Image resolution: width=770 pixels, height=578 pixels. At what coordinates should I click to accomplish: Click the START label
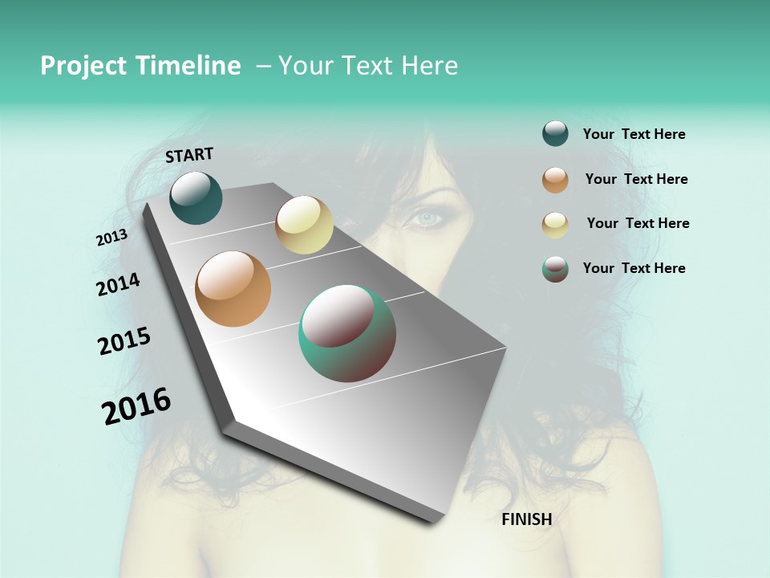coord(189,155)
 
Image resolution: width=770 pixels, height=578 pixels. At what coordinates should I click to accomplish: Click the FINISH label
coord(526,519)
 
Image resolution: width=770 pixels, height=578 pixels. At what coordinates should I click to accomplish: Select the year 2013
coord(112,238)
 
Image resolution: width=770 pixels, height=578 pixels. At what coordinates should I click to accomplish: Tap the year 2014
coord(119,285)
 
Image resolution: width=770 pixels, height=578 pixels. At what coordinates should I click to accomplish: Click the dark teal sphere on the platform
coord(196,197)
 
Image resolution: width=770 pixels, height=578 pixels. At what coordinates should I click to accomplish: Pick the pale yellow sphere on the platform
coord(304,225)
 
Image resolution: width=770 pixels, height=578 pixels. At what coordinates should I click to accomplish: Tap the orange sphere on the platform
coord(233,289)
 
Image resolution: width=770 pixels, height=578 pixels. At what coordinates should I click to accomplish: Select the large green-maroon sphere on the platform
coord(347,333)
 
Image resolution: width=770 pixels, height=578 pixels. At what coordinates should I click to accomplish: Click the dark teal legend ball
coord(555,133)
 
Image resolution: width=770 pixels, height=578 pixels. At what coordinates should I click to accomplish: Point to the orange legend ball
coord(555,180)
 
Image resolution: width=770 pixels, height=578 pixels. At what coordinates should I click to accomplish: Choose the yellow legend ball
coord(555,225)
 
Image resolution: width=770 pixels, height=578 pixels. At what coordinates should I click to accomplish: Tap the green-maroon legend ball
coord(555,269)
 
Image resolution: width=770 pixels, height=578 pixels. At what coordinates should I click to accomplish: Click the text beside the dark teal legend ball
coord(634,135)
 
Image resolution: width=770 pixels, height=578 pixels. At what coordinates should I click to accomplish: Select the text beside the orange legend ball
coord(636,179)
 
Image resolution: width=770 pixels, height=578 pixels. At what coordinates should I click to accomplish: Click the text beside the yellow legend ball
coord(638,223)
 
